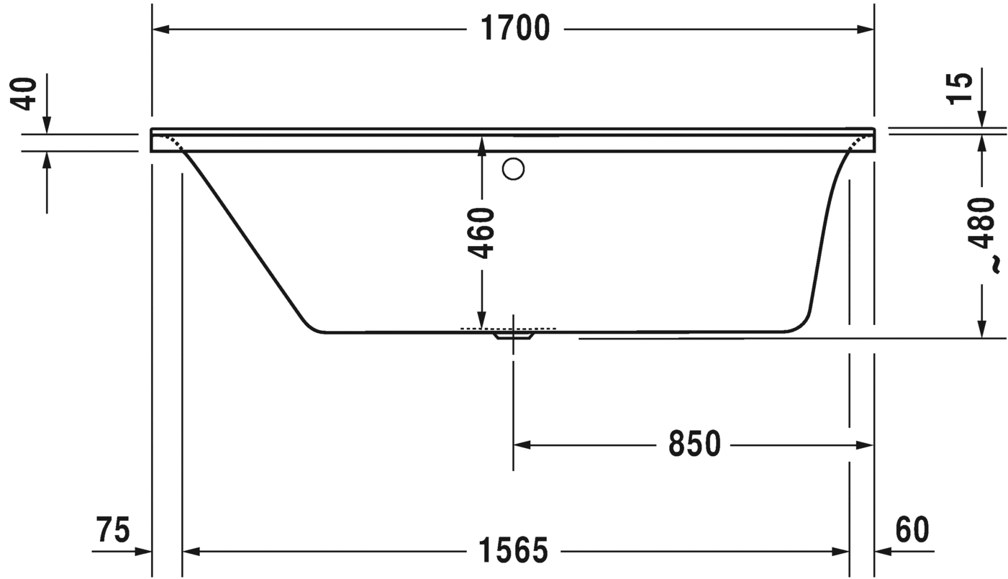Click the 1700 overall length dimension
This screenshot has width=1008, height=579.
click(x=514, y=29)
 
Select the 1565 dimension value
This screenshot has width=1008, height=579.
click(x=514, y=551)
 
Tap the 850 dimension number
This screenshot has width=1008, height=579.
click(x=694, y=445)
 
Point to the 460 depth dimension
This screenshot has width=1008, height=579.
click(x=481, y=233)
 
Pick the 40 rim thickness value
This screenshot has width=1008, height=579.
click(x=27, y=93)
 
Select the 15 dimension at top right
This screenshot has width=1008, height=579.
click(x=960, y=87)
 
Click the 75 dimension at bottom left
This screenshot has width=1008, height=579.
click(x=114, y=530)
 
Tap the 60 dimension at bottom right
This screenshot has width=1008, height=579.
click(x=912, y=530)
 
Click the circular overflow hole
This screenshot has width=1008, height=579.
click(x=513, y=169)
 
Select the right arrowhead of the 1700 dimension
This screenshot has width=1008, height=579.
click(x=866, y=29)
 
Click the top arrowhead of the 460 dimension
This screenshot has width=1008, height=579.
click(x=481, y=144)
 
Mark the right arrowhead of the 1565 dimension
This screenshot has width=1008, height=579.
click(x=841, y=552)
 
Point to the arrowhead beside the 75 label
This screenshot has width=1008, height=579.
click(x=143, y=552)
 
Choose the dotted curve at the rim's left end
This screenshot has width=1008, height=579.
click(x=173, y=141)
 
